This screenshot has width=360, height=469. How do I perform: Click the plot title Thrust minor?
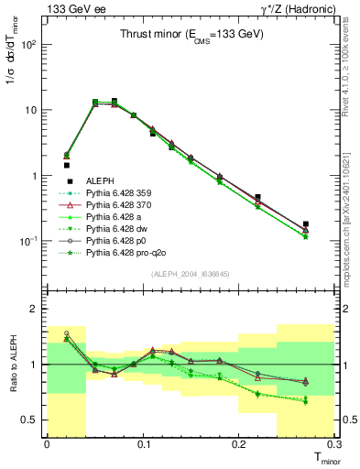(x=192, y=35)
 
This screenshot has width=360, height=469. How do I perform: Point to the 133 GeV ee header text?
(x=74, y=8)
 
